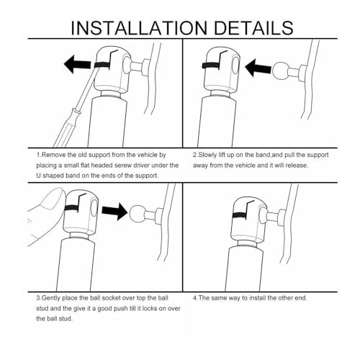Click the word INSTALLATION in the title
[x=139, y=28]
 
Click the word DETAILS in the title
[x=253, y=28]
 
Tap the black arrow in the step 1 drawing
[x=78, y=64]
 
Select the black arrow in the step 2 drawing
[x=258, y=68]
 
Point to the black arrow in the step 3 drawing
[x=114, y=211]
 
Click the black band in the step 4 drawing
[x=240, y=215]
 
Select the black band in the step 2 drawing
[x=211, y=66]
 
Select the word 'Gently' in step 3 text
[x=51, y=298]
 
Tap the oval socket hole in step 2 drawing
[x=235, y=66]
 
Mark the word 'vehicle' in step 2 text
[x=246, y=166]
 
